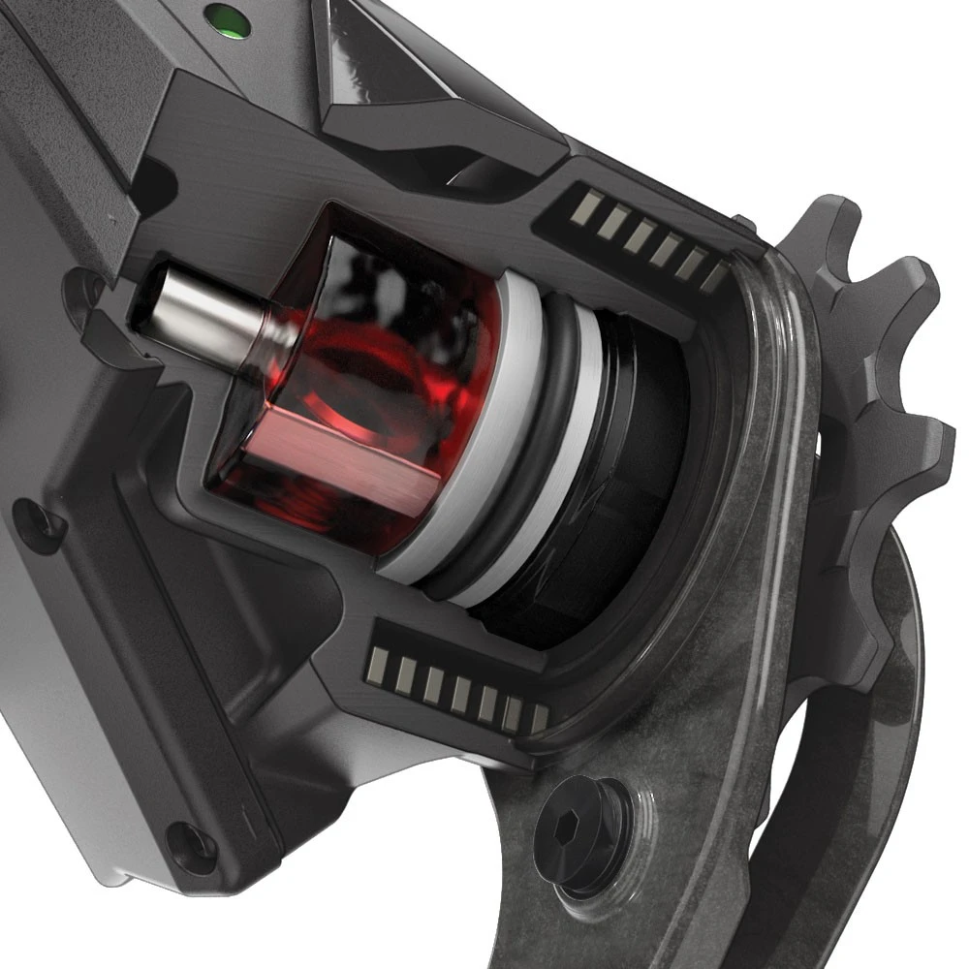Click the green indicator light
point(229,18)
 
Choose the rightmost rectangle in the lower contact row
point(539,718)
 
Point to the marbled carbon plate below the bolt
point(601,921)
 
